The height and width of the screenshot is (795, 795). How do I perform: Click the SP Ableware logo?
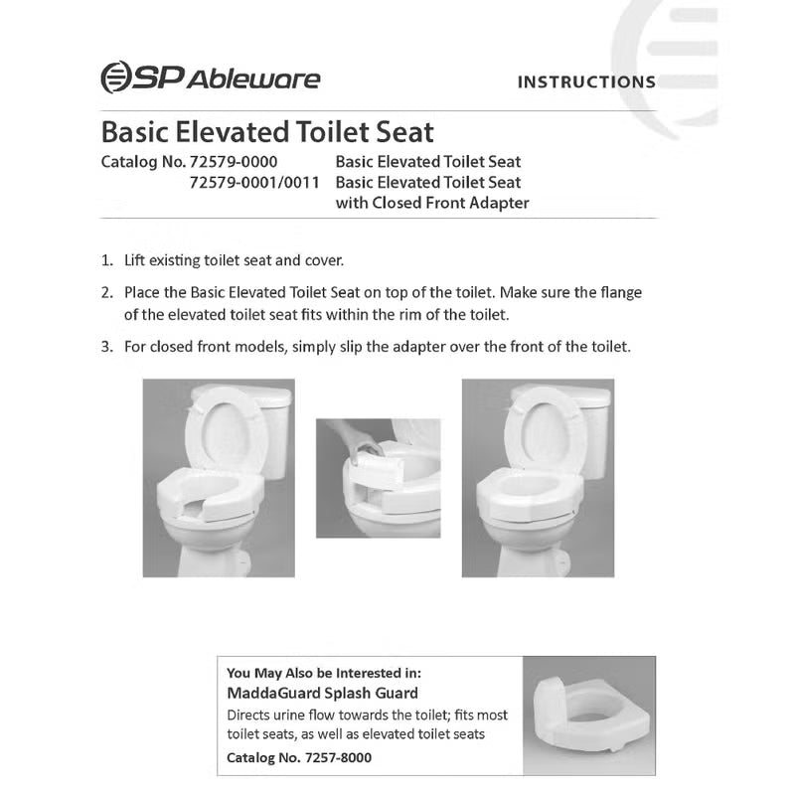tap(210, 79)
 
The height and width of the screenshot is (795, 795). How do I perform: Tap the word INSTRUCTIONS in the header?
tap(586, 82)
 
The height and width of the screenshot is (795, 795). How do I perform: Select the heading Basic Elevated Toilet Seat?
tap(268, 132)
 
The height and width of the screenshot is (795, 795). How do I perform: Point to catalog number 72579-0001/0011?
tap(254, 182)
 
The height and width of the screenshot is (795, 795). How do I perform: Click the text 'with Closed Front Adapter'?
tap(432, 203)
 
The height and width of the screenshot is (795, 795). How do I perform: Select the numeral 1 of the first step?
tap(105, 261)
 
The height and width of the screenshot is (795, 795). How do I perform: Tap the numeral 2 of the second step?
tap(105, 293)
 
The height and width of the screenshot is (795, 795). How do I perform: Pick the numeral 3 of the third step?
tap(105, 348)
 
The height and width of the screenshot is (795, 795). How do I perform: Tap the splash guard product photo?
tap(588, 715)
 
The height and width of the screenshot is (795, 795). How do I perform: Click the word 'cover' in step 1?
tap(323, 261)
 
